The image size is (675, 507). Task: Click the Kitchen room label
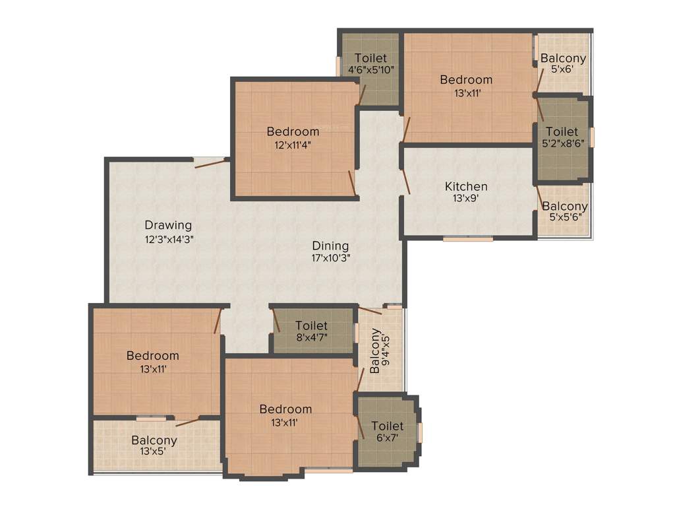coord(466,186)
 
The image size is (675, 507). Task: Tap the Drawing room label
coord(168,225)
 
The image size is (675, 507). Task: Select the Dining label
coord(330,246)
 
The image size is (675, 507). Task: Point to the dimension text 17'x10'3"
coord(330,258)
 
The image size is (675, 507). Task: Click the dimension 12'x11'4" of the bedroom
coord(293,145)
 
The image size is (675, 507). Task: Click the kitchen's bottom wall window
coord(467,239)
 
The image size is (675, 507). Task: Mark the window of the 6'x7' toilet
coord(421,433)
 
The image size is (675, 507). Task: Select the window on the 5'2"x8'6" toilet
coord(592,137)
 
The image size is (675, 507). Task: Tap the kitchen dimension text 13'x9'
coord(466,198)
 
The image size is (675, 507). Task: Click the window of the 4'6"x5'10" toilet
coord(338,66)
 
